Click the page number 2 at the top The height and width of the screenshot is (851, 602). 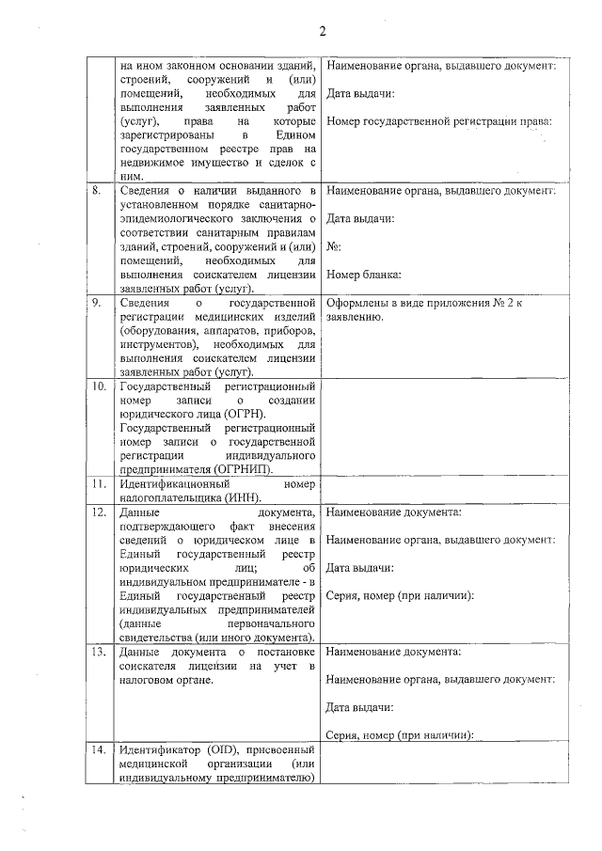tap(322, 31)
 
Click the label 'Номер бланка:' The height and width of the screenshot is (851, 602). tap(364, 275)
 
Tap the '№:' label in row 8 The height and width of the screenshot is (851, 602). tap(333, 246)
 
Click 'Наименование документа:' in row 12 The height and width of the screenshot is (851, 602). tap(393, 512)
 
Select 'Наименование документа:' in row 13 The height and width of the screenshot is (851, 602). tap(393, 652)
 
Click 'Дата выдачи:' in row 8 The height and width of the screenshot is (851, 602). tap(360, 219)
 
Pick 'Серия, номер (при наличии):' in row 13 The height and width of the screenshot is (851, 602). tap(399, 735)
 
